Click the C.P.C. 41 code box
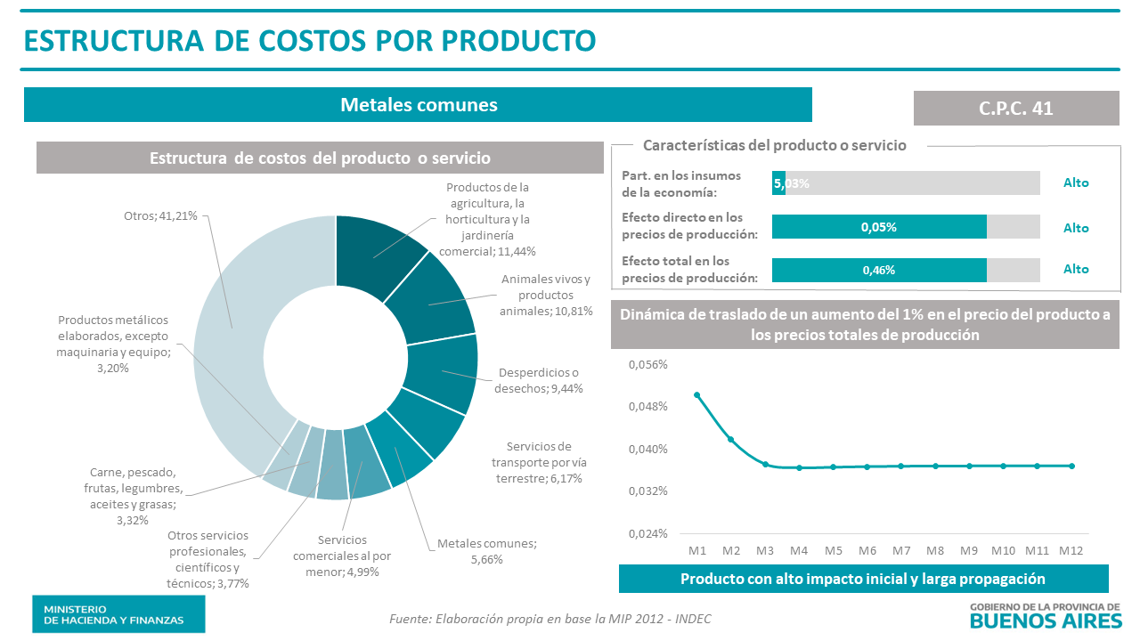1015,108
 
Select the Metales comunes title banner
418,104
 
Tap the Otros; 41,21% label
160,215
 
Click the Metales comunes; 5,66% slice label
487,551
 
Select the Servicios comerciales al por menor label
341,556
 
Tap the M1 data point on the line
697,395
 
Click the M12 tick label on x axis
1071,550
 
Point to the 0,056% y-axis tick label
648,365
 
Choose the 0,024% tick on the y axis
648,533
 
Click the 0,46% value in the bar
878,270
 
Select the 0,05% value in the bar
878,227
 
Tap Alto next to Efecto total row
1076,269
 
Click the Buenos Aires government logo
1045,614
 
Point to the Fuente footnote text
550,619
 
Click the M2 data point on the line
731,440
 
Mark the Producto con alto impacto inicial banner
862,579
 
